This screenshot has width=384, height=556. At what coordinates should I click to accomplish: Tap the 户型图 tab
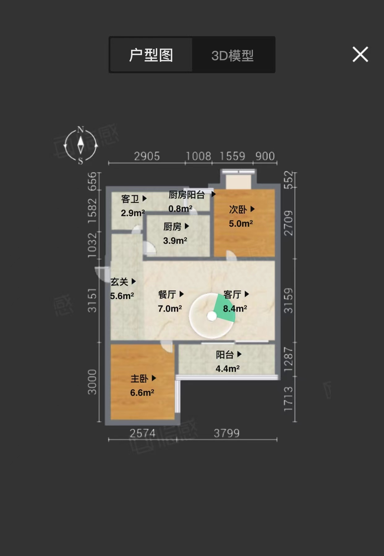coord(151,55)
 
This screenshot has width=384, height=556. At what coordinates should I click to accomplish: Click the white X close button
coord(360,55)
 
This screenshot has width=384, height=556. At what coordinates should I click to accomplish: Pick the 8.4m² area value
coord(235,308)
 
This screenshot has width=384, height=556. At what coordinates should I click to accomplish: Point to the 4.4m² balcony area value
coord(228,369)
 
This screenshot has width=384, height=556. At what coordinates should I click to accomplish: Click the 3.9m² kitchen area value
coord(175,240)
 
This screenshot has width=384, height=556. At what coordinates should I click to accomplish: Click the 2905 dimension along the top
coord(147,156)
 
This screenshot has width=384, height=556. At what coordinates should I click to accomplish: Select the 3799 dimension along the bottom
coord(227,433)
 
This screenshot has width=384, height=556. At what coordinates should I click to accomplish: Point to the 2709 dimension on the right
coord(288,223)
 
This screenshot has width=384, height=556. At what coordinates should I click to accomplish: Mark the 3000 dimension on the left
coord(92,382)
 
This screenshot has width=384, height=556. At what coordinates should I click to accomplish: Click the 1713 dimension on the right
coord(288,399)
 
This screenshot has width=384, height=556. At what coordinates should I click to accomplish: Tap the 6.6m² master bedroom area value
coord(142,393)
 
